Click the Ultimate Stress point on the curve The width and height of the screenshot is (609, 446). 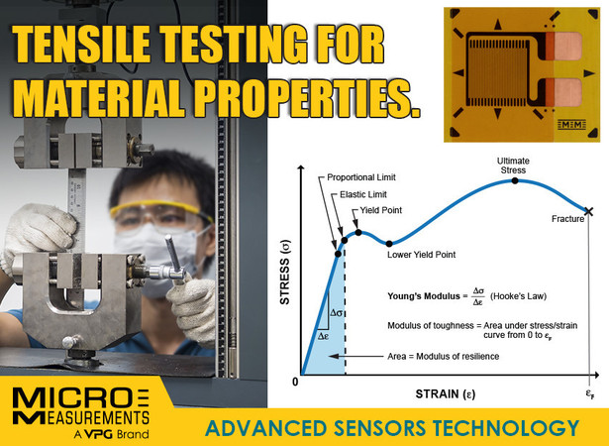[515, 180]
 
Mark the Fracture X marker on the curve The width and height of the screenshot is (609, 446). [589, 211]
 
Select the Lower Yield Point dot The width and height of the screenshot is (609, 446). [389, 244]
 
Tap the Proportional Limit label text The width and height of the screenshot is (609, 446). [361, 177]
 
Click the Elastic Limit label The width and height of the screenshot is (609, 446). [363, 194]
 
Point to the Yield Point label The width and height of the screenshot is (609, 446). [381, 210]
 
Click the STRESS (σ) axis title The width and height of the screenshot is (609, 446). [285, 273]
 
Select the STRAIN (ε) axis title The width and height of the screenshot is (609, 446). [446, 393]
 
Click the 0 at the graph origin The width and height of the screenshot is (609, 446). [295, 382]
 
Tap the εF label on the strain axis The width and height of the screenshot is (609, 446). [590, 393]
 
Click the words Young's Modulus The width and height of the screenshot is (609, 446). [424, 296]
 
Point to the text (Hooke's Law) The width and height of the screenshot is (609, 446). [518, 296]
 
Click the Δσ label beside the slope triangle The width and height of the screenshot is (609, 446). [336, 312]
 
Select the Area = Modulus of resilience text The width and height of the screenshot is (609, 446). [444, 356]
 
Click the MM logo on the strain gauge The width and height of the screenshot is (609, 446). [571, 125]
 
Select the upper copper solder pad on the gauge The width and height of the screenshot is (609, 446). [567, 47]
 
